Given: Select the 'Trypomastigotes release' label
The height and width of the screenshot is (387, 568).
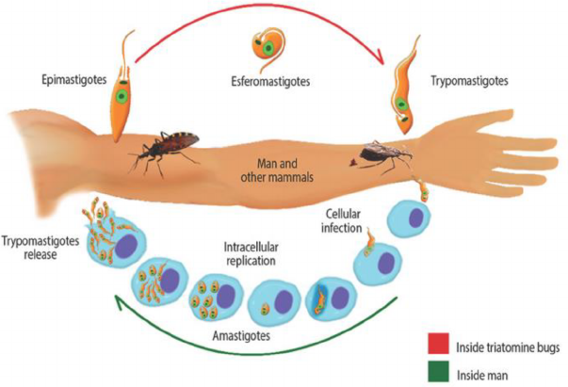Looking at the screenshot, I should click(43, 247).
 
